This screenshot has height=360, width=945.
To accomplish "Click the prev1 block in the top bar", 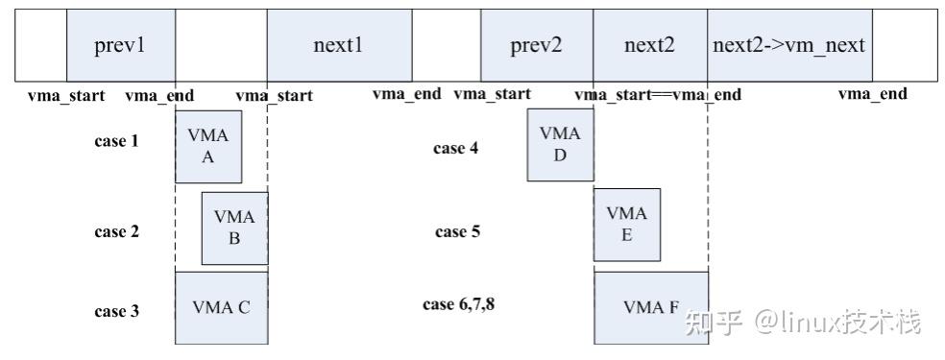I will point(120,46).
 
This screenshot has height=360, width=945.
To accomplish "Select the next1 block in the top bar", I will point(339,46).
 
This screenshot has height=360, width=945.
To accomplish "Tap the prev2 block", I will point(536,46).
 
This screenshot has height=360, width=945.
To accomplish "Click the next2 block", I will point(650,46).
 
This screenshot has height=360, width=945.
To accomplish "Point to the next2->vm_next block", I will point(789,46).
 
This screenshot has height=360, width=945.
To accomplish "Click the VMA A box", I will point(207,147).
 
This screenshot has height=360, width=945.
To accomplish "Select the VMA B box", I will point(234,228).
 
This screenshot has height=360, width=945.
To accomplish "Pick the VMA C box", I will point(221,307).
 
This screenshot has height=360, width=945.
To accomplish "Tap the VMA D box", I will point(560,145).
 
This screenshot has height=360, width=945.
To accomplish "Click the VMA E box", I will point(626,225).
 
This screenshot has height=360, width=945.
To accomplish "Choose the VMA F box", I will point(651,307).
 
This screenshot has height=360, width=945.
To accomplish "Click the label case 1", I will point(116,141).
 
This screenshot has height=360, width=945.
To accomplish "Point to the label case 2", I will point(116,231).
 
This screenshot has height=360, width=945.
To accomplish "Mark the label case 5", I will point(457,231).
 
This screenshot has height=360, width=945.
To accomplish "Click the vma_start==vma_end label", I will point(657,94).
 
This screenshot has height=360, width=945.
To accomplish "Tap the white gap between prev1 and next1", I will point(221,46).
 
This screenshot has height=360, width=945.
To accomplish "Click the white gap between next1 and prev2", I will point(447,46).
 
